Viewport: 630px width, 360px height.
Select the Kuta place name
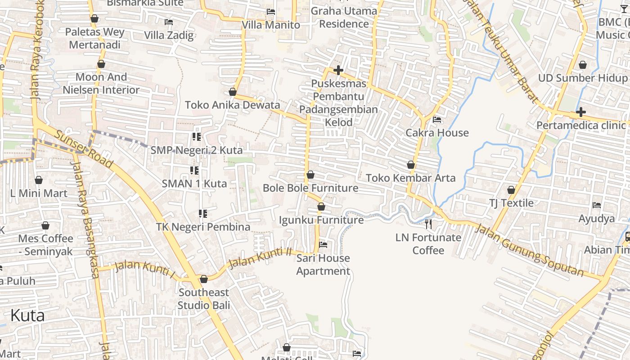(27, 315)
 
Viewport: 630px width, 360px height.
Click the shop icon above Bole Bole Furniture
(310, 175)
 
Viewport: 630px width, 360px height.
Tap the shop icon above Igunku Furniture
(321, 207)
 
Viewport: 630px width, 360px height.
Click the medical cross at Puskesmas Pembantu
(338, 70)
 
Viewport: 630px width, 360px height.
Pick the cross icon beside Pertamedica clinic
(580, 112)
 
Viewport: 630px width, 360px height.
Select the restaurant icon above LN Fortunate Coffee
(428, 224)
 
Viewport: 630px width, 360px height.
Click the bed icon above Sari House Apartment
(323, 245)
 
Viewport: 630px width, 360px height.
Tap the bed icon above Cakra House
(436, 120)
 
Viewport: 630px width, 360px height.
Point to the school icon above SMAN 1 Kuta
(194, 170)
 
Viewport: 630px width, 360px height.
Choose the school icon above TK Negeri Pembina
(202, 213)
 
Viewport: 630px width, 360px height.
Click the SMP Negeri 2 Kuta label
(197, 150)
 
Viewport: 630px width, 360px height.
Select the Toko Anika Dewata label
(233, 105)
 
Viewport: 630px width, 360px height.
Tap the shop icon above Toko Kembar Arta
(410, 165)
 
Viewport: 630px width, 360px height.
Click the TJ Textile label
(511, 203)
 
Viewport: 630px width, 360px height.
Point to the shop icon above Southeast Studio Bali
(203, 279)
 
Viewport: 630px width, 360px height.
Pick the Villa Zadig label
(169, 35)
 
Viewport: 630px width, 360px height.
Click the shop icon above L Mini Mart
(39, 180)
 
